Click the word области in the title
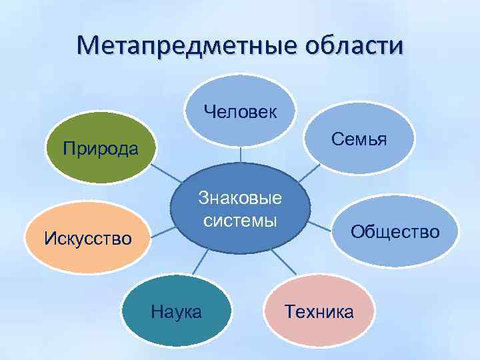(353, 47)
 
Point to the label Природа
(101, 147)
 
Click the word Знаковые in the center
(240, 198)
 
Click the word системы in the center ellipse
(240, 220)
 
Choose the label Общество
(395, 231)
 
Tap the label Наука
(176, 311)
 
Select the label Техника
(319, 311)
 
